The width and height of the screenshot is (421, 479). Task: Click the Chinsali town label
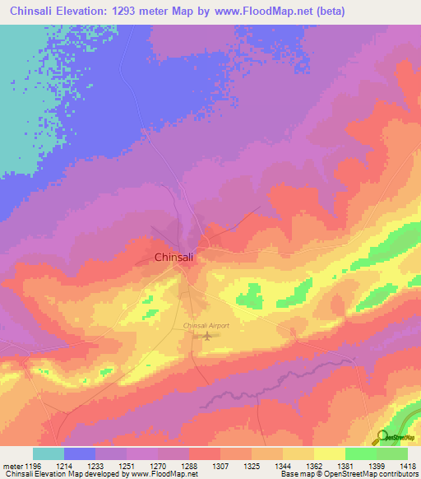click(174, 258)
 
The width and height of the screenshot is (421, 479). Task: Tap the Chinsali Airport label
click(206, 326)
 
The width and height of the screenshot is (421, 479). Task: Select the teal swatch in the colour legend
click(48, 453)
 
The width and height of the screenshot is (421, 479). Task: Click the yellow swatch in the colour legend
click(329, 453)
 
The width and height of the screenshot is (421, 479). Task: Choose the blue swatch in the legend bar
click(79, 453)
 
